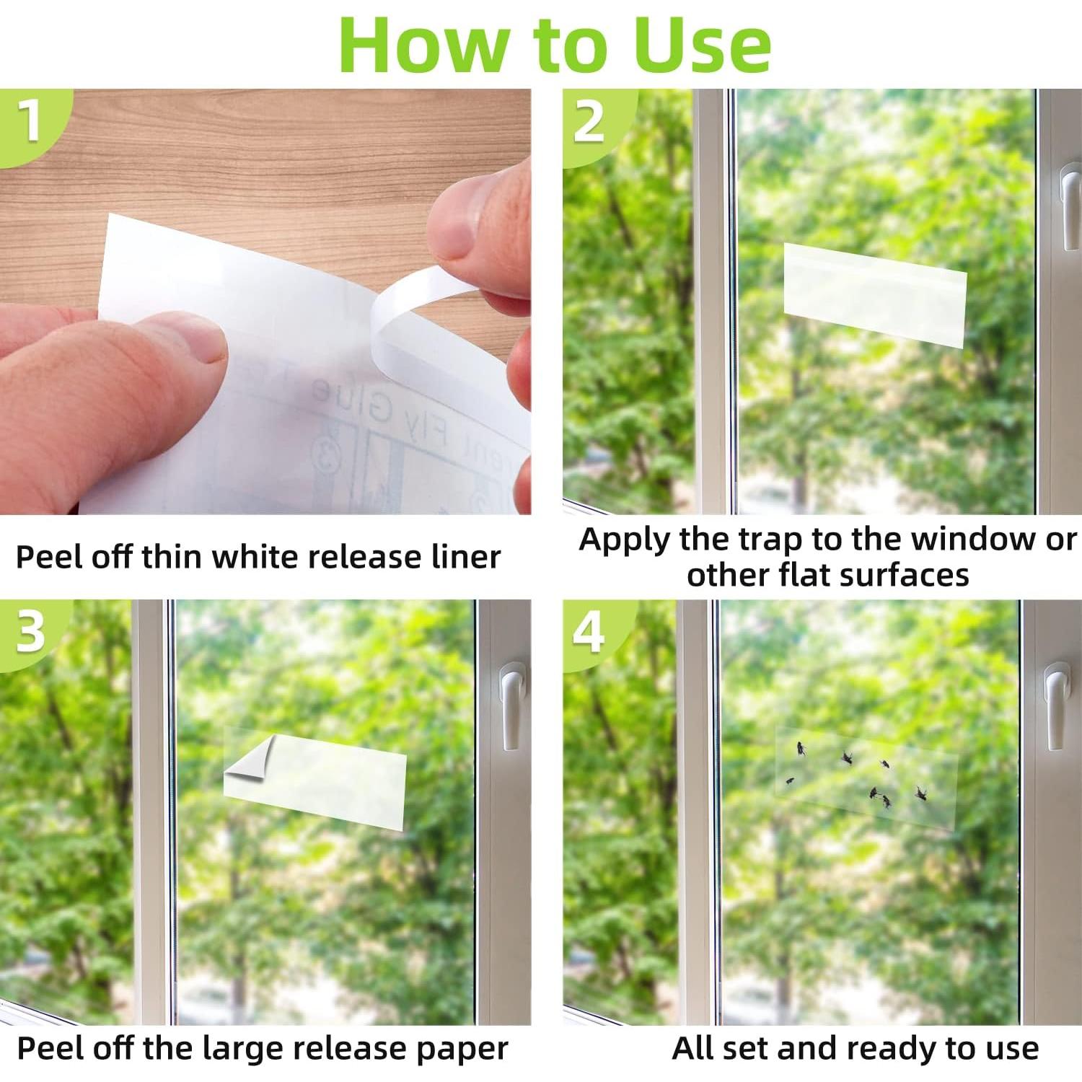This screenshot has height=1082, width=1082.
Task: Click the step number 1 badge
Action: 29,120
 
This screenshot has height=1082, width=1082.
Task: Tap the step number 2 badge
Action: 589,120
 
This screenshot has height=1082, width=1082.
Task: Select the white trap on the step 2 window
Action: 874,295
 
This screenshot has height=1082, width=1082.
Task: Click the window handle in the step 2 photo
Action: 1068,209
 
